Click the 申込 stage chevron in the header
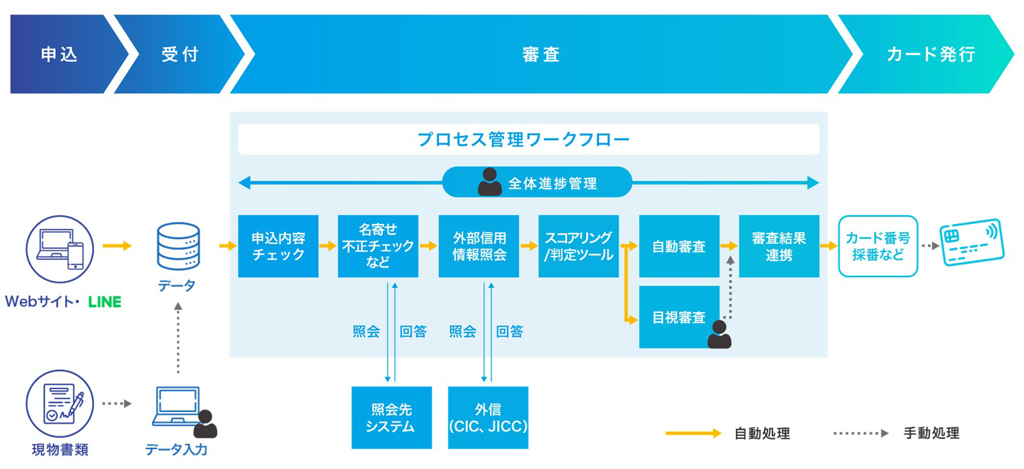point(59,54)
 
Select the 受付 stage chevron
point(179,54)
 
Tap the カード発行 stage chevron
point(929,54)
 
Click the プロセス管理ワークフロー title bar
point(528,139)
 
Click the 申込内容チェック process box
point(278,246)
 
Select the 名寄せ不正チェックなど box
point(378,246)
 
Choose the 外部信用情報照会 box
point(479,246)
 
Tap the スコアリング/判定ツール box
point(579,246)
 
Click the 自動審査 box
point(679,246)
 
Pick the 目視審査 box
point(678,317)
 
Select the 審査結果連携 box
point(779,246)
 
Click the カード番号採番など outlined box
point(878,246)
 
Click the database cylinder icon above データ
point(178,246)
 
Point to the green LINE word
point(104,302)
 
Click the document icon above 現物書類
point(60,404)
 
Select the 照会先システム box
point(391,418)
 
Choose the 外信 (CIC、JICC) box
point(488,418)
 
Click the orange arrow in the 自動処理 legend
point(693,434)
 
